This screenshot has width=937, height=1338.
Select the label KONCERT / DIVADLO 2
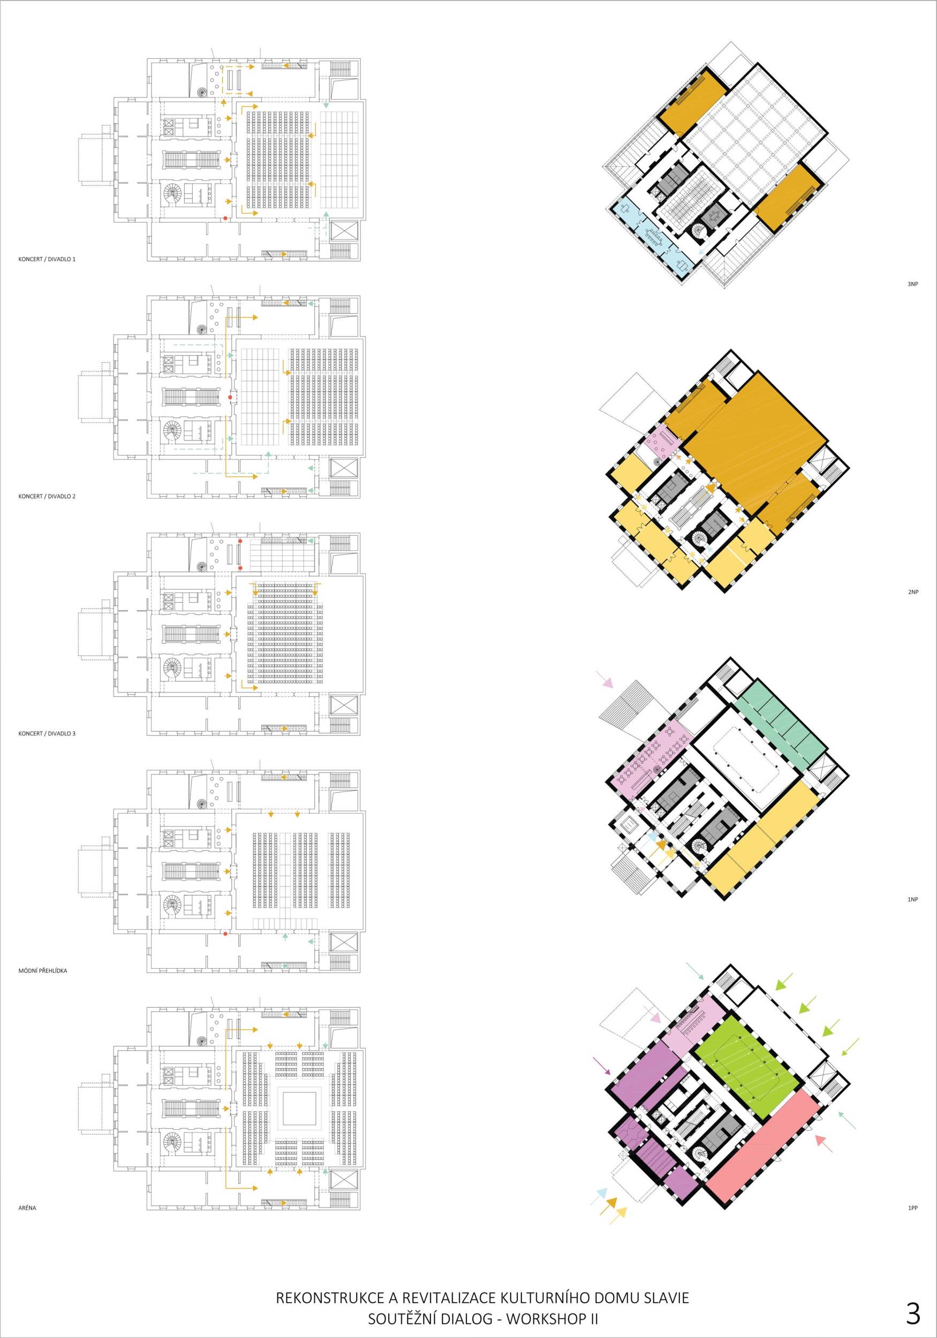47,497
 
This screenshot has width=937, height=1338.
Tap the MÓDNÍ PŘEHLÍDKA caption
42,971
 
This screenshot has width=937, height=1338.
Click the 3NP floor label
913,284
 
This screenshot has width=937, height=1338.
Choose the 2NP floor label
913,592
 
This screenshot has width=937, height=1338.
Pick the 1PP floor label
913,1208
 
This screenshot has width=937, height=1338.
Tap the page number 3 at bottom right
913,1298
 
